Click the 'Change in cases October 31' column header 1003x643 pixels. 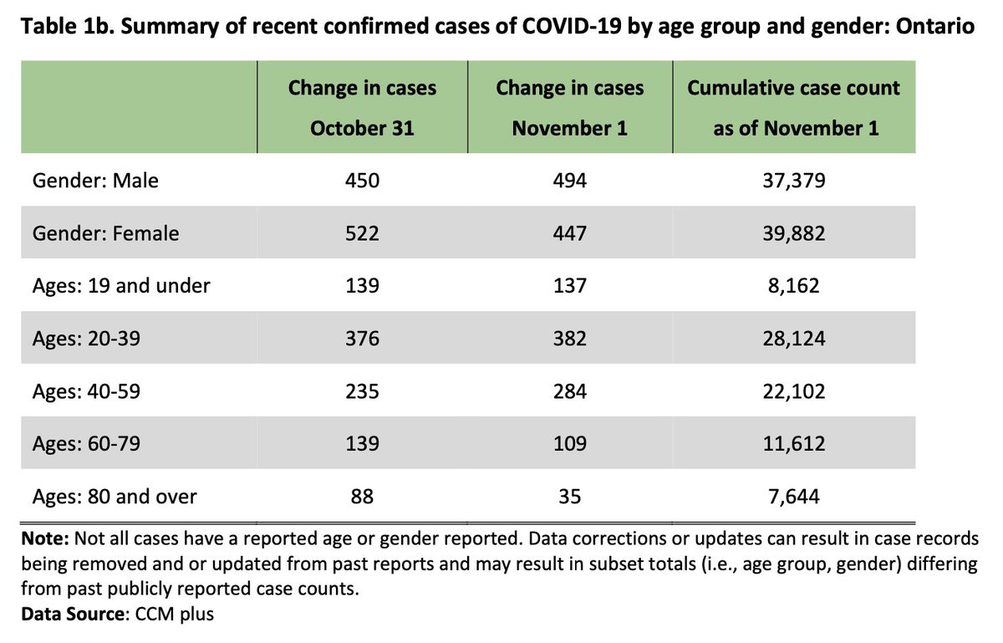(x=362, y=108)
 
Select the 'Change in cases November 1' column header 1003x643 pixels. (x=570, y=108)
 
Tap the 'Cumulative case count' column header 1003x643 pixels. (x=793, y=108)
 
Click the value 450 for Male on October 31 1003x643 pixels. (x=362, y=181)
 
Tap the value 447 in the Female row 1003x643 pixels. (x=570, y=233)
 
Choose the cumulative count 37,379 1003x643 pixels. (x=793, y=181)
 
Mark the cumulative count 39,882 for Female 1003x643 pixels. (x=793, y=233)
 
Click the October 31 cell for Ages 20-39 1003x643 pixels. (x=362, y=338)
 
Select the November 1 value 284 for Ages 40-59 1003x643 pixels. (x=570, y=390)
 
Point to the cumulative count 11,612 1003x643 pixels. (x=793, y=443)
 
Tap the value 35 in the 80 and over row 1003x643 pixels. (x=570, y=497)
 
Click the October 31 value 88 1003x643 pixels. (x=362, y=497)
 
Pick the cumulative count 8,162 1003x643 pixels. (x=793, y=285)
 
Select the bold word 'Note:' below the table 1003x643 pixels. (x=45, y=540)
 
